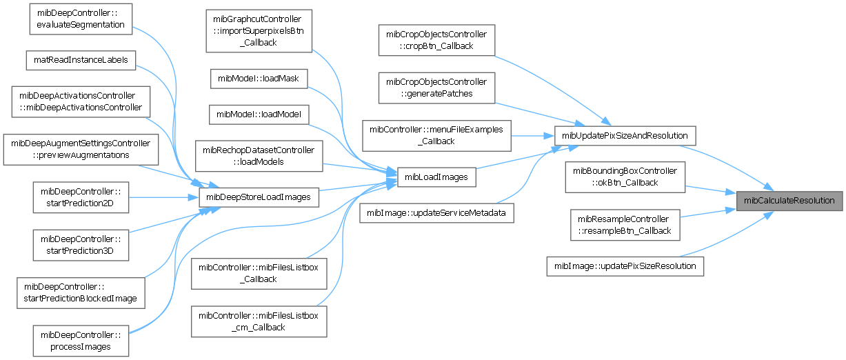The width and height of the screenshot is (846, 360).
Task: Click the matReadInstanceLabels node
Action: click(x=81, y=60)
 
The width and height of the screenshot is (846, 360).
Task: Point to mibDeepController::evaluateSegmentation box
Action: click(x=80, y=19)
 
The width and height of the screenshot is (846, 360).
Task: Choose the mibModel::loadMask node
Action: click(x=258, y=79)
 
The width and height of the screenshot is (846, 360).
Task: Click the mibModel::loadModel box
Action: click(x=258, y=114)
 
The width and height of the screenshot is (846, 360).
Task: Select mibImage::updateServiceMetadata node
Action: click(x=436, y=213)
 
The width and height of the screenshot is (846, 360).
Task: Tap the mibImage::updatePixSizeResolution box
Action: click(x=625, y=266)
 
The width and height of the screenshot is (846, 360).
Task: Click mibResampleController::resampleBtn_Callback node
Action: click(x=625, y=225)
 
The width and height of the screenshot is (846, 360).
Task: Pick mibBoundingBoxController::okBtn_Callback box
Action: click(x=625, y=177)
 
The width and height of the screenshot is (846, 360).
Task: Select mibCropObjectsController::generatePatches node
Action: click(x=436, y=88)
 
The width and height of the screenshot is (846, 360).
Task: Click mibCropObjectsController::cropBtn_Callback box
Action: click(x=436, y=39)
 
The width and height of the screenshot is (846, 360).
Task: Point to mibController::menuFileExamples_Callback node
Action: click(x=436, y=134)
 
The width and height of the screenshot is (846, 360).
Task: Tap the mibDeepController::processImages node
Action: click(x=80, y=340)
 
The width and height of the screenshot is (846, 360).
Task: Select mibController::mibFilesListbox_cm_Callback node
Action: click(x=258, y=321)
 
